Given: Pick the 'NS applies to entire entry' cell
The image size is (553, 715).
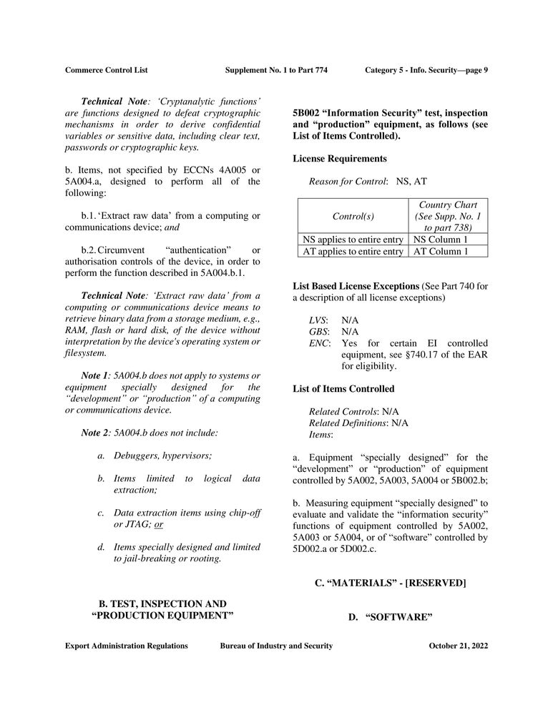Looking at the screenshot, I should coord(351,240).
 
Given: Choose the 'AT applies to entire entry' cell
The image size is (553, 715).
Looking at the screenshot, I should coord(351,251).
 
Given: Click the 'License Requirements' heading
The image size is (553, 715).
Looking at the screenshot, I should coord(340,158).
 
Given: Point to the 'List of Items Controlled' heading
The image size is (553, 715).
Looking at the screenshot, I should coord(343,389).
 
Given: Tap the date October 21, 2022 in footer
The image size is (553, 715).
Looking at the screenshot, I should coord(458,646).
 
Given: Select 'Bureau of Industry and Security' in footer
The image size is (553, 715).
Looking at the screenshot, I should coord(276,646).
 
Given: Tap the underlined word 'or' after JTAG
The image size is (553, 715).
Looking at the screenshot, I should coord(159,524).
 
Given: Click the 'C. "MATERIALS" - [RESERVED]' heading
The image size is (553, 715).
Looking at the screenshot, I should coord(391,583).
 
